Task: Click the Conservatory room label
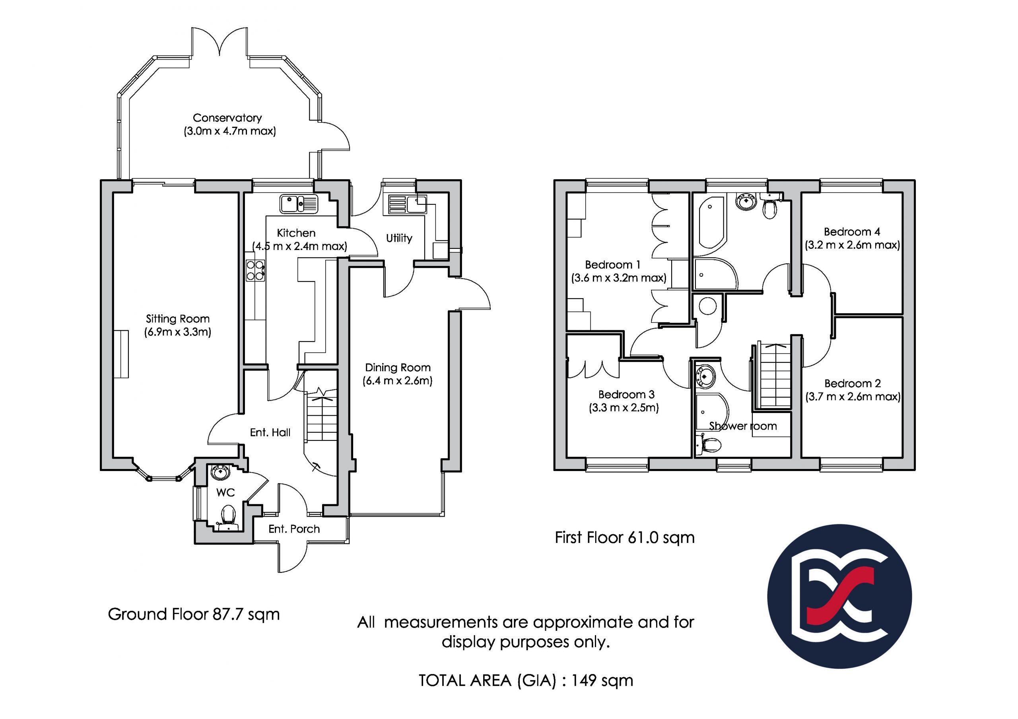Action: (227, 118)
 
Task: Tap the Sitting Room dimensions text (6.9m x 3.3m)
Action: (177, 332)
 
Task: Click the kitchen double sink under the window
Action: (299, 204)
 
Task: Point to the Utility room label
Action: (399, 238)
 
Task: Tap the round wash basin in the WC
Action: (220, 473)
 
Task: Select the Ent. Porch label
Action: (294, 529)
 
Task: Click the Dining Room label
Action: (398, 368)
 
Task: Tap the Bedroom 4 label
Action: (852, 231)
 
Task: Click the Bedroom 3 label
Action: (626, 394)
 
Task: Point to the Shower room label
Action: (743, 426)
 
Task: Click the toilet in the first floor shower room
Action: (708, 445)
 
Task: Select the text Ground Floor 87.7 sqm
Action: (194, 614)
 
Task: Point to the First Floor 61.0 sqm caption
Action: (625, 538)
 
